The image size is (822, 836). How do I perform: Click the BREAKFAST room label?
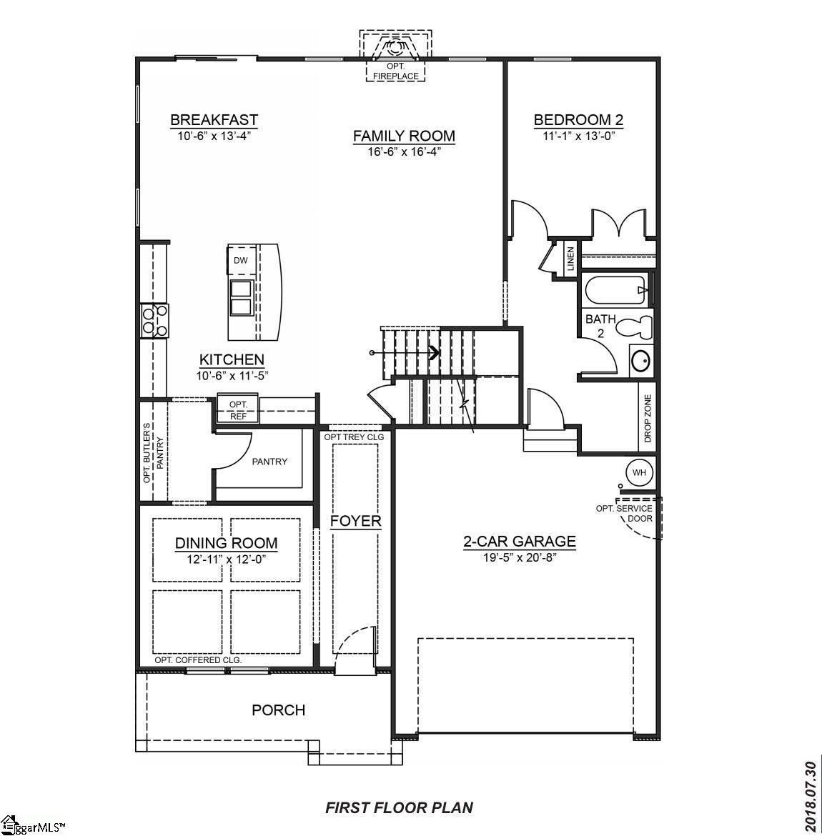[214, 120]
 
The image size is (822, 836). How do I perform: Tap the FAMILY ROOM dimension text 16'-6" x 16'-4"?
[404, 151]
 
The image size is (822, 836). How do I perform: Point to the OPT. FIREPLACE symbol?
[395, 50]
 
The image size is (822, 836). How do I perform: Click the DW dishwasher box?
[240, 261]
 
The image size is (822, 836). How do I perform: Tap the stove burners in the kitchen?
[155, 319]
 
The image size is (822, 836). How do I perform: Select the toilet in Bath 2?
[635, 327]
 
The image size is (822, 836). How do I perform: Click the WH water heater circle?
[639, 472]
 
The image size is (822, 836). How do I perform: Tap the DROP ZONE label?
[648, 419]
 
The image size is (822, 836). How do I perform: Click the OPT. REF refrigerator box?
[238, 409]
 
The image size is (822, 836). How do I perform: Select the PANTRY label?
[269, 462]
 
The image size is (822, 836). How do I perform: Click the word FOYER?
[355, 521]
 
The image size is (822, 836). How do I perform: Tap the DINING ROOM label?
[227, 544]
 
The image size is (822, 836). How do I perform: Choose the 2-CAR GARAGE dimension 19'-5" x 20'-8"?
[520, 557]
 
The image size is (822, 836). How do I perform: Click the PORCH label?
[278, 710]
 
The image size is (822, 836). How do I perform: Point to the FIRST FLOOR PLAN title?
[399, 807]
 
